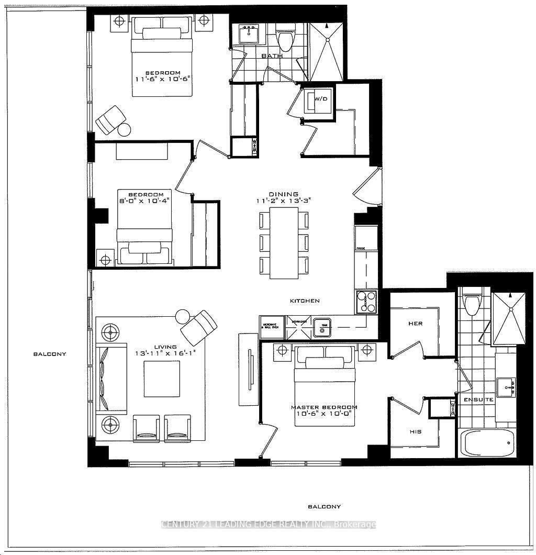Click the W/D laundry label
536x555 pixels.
(320, 98)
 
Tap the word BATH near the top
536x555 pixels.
(272, 56)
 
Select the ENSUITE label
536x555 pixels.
(478, 399)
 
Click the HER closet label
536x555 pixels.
(415, 324)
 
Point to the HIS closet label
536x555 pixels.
(415, 432)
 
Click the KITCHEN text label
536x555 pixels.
(305, 301)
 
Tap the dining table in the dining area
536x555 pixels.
(284, 243)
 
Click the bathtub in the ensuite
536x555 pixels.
(486, 443)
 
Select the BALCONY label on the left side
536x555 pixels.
(50, 354)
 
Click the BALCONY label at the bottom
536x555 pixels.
(324, 506)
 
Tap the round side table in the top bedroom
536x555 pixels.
(125, 129)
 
